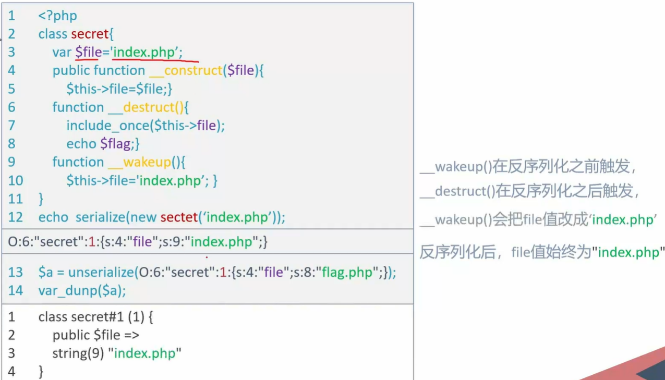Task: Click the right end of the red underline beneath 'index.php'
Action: [x=199, y=62]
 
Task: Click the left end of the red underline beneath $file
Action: [x=76, y=59]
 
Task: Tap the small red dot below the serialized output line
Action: [x=207, y=257]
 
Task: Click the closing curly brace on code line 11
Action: [x=41, y=199]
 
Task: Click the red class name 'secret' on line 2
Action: [x=90, y=34]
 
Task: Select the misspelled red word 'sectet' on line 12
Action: [x=179, y=217]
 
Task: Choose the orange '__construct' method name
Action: [x=186, y=70]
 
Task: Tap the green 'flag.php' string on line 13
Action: [x=347, y=273]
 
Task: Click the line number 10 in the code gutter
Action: [x=16, y=181]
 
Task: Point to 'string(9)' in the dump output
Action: [x=78, y=353]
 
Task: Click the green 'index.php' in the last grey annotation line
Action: [x=628, y=253]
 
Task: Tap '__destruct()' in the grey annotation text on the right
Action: [x=457, y=191]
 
